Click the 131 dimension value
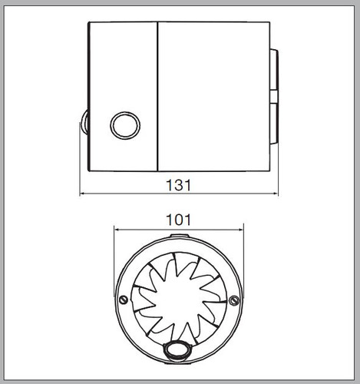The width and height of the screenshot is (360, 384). (x=179, y=185)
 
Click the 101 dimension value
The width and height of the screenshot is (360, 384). (x=179, y=220)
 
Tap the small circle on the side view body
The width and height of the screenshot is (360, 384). (x=125, y=125)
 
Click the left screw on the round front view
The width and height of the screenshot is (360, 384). (x=124, y=300)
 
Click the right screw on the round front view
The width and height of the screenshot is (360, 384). (x=234, y=300)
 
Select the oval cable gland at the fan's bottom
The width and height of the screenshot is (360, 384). (x=177, y=349)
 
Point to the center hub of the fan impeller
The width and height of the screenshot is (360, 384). (x=179, y=298)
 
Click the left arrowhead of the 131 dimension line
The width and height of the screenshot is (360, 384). (x=82, y=194)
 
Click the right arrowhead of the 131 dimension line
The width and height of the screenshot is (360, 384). (x=276, y=194)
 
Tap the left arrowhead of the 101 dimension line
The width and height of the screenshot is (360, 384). (x=117, y=230)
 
